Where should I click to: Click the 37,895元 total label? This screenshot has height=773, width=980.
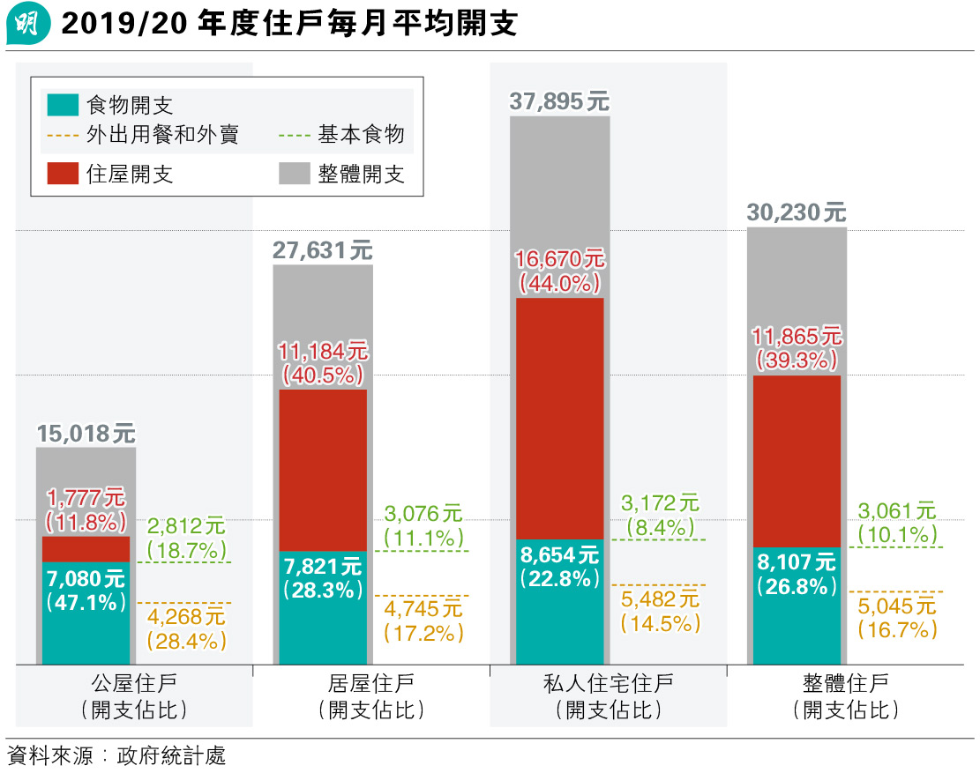[559, 101]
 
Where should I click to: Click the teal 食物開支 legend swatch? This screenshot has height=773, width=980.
[63, 106]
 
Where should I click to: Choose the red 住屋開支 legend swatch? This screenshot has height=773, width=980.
[63, 174]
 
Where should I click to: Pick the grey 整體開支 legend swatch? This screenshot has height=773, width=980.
[294, 174]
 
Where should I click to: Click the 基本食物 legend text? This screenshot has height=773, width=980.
[361, 135]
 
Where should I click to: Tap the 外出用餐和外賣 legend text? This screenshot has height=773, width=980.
[162, 135]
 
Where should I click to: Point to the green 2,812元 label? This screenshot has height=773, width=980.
[186, 527]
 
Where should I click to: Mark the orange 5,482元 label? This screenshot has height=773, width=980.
[660, 599]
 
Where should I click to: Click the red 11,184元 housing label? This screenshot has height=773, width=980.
[322, 350]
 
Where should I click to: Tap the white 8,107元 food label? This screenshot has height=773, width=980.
[797, 561]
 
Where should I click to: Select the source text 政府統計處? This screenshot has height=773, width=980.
[177, 755]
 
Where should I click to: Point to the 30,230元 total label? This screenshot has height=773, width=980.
[796, 212]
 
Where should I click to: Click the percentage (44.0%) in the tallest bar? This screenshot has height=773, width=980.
[559, 283]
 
